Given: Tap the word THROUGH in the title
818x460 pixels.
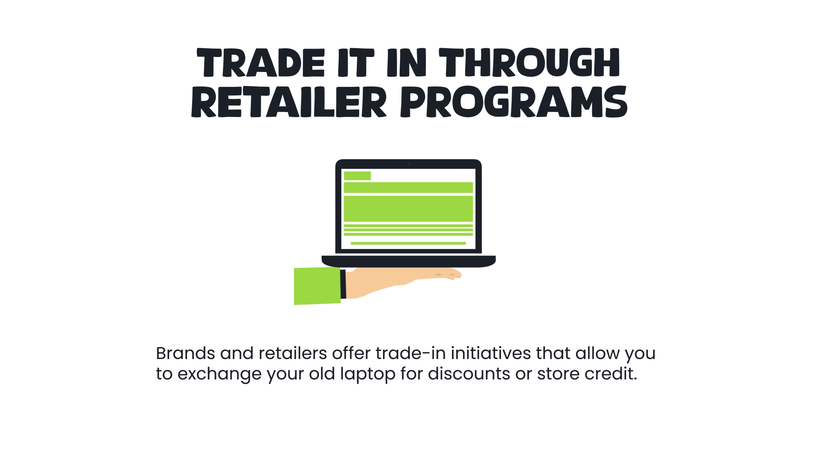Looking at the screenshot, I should [x=529, y=63].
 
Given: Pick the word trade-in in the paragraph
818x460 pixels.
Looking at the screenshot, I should [x=410, y=353].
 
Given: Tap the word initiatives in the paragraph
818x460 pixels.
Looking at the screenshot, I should [x=491, y=353].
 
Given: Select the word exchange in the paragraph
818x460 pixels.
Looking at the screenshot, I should [x=219, y=374].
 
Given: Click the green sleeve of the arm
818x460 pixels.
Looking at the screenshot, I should [x=317, y=286].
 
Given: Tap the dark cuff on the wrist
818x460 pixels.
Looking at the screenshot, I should [x=343, y=284].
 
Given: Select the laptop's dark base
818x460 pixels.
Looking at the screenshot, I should [x=408, y=261].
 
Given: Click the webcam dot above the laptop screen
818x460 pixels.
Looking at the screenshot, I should [x=408, y=164].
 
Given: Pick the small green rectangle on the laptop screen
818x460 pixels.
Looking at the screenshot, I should [x=357, y=175].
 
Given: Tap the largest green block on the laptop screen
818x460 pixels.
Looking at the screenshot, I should [x=408, y=208].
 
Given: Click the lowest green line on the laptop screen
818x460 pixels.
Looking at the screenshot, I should [x=408, y=243].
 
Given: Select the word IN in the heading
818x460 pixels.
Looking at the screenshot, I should [x=406, y=63].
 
